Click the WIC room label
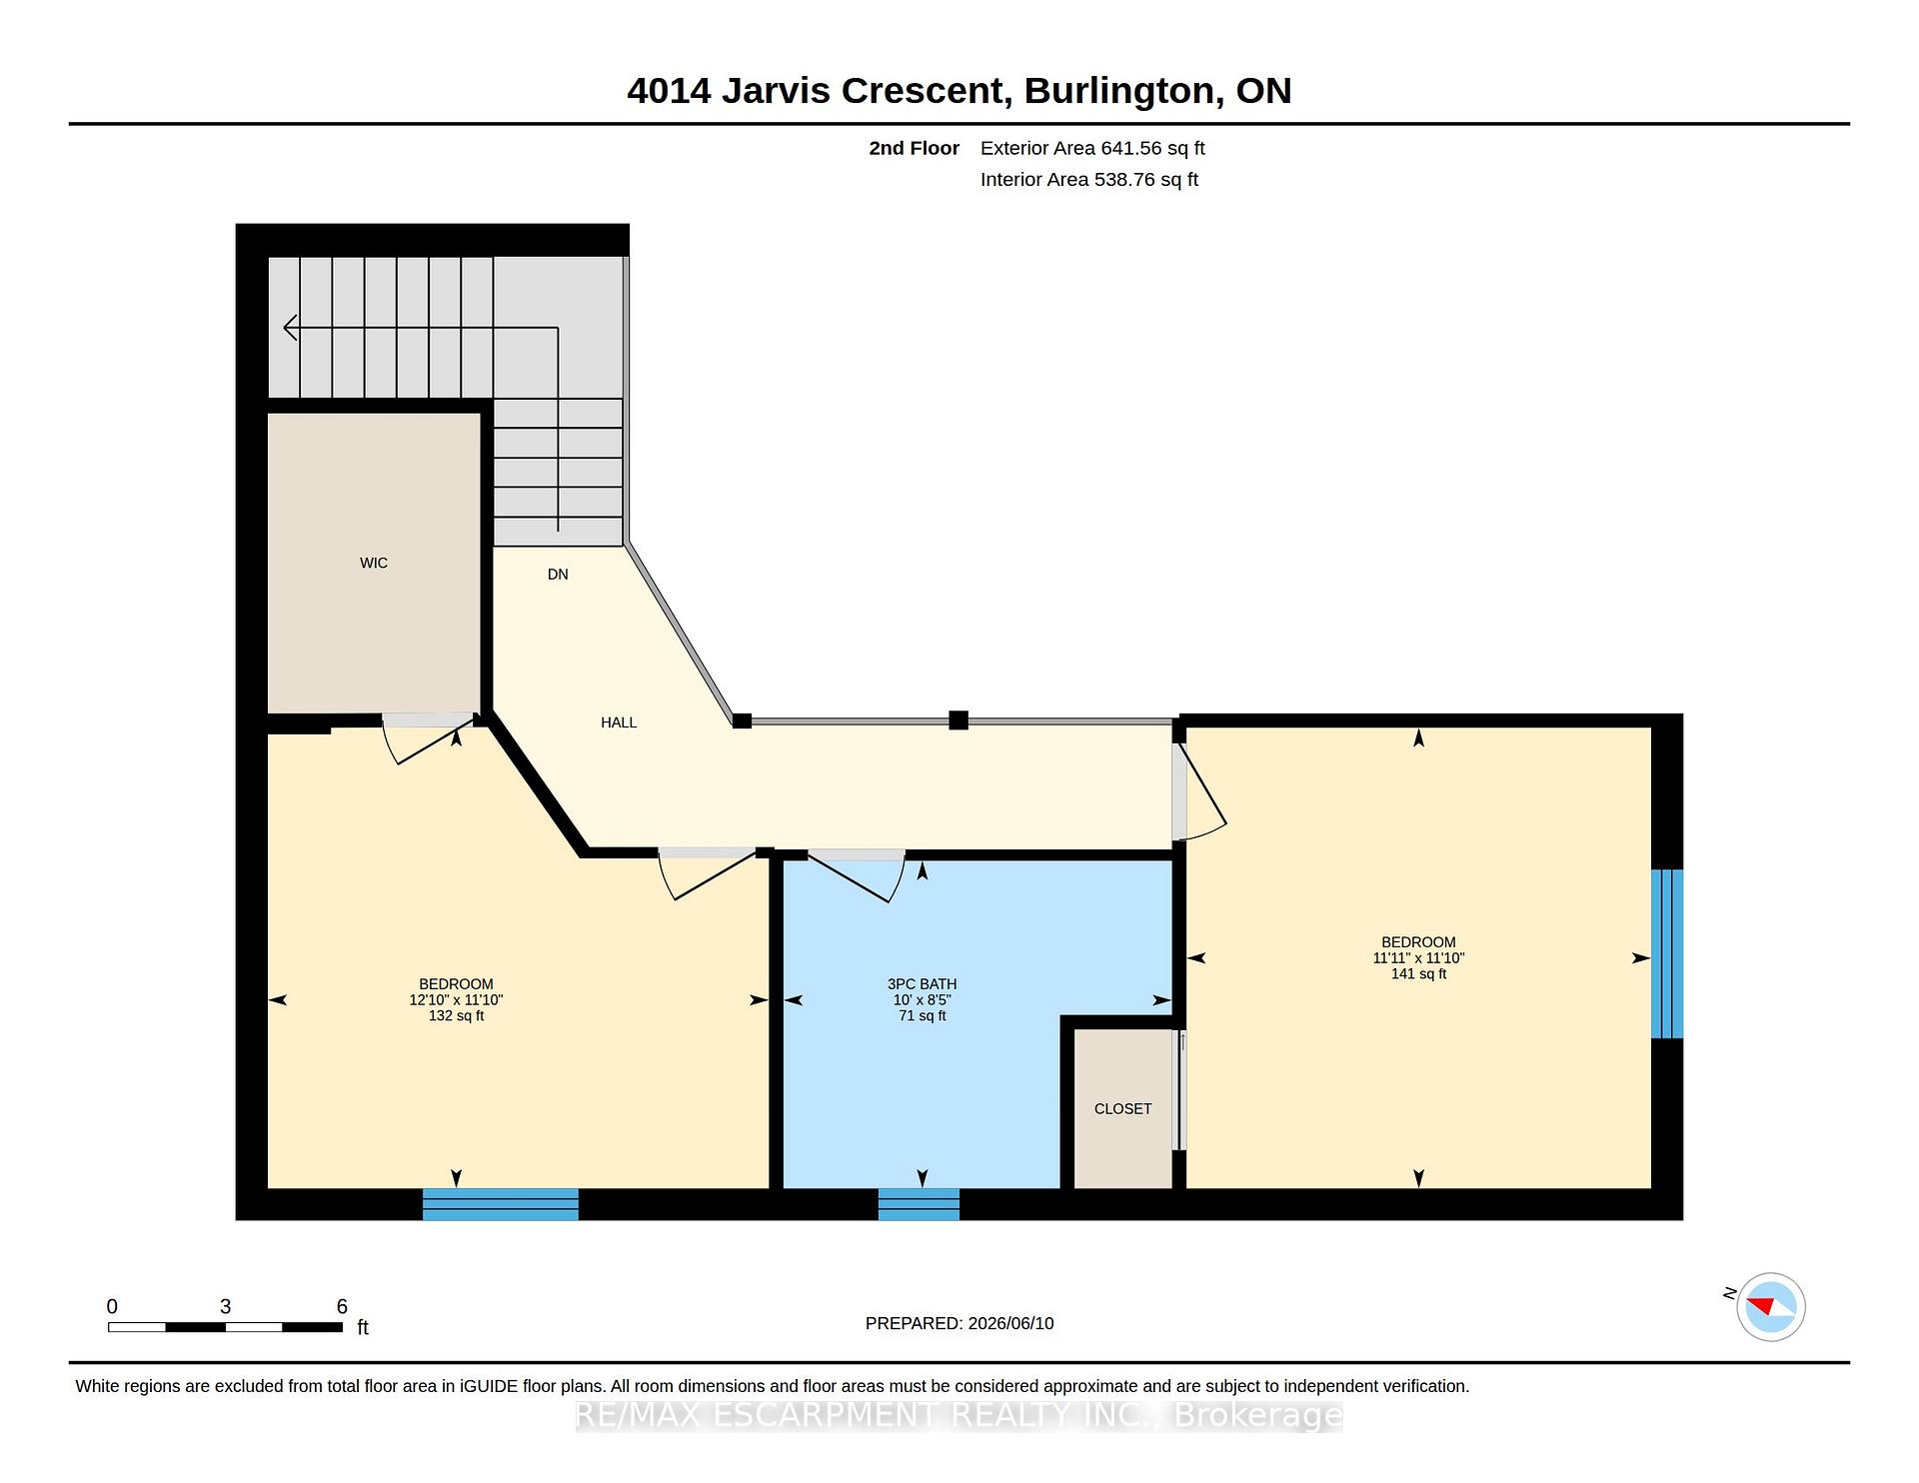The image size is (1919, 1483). coord(374,564)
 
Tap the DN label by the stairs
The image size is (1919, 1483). coord(558,575)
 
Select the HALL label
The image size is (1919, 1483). coord(619,723)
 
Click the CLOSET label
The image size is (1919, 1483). coord(1122,1109)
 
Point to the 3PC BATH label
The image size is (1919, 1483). coord(922,984)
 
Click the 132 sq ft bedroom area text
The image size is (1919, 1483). coord(456,1016)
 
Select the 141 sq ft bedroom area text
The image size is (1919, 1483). coord(1418,974)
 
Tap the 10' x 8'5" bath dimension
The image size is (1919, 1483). coord(922,1000)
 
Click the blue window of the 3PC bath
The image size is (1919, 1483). coord(919,1204)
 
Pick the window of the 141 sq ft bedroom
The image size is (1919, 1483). coord(1667,954)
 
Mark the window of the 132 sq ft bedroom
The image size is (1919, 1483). coord(501,1204)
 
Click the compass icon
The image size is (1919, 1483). coord(1770,1307)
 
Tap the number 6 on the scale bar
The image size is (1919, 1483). coord(342,1307)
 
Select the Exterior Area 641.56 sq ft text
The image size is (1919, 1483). coord(1092,149)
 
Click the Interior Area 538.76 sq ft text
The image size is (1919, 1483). coord(1089,180)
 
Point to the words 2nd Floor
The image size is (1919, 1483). coord(914,149)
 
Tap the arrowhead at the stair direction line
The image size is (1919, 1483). coord(290,327)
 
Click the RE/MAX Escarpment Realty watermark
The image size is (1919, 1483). coord(959,1416)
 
